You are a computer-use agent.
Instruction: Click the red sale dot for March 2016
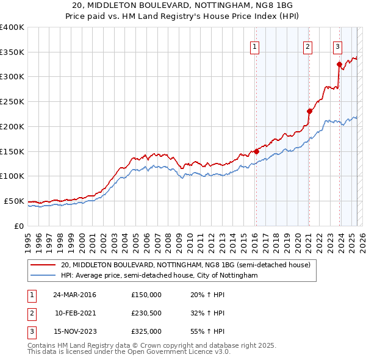(x=256, y=151)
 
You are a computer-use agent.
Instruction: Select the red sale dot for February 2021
(x=309, y=111)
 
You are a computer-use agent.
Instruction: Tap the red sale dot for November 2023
(x=339, y=64)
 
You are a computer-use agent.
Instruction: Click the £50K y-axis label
(x=13, y=201)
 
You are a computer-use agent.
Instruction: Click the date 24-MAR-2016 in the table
(x=74, y=295)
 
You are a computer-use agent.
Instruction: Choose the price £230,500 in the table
(x=146, y=313)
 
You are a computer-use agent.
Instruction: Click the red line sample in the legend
(x=43, y=265)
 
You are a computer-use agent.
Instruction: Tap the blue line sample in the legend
(x=43, y=276)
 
